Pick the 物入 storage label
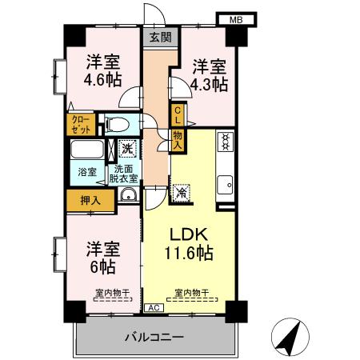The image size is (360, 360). pos(177,142)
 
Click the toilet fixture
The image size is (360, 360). pos(116,124)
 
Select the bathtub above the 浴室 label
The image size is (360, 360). pos(86,151)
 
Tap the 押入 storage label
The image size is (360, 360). pos(89,201)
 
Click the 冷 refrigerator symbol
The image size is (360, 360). pos(182,191)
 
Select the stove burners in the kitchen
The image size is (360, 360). pos(226,143)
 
